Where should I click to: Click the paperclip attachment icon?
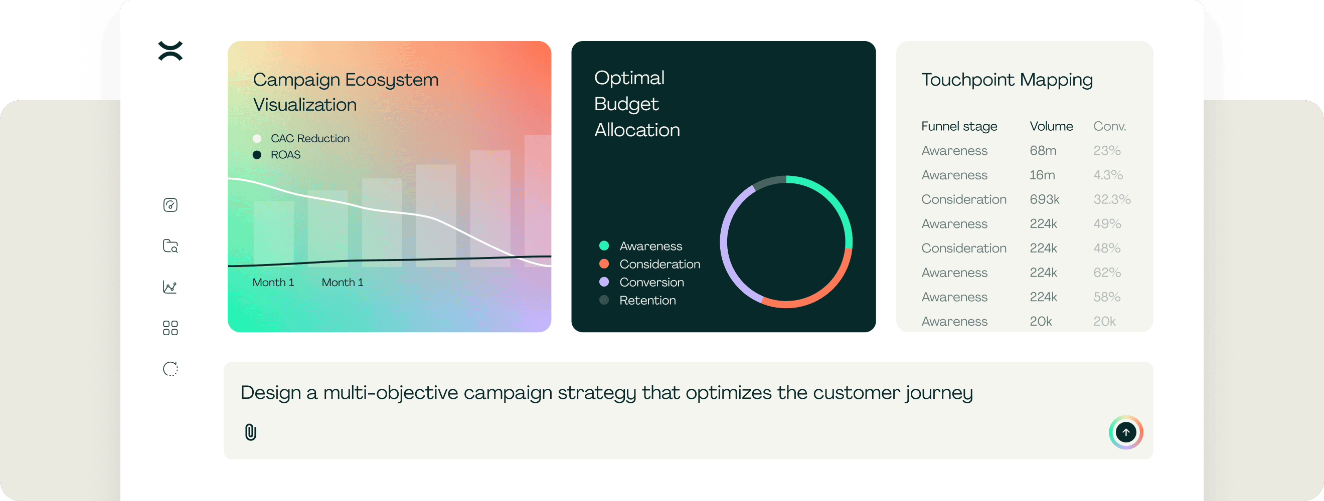point(250,432)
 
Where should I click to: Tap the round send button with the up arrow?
point(1125,432)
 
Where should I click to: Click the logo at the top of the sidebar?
point(171,51)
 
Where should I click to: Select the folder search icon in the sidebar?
point(170,246)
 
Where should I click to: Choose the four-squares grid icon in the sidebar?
point(170,328)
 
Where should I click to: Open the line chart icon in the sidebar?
point(170,287)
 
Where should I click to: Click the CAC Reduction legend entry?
point(301,139)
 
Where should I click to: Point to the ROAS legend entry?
point(276,154)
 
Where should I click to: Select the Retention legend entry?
point(637,300)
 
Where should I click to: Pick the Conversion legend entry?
point(641,283)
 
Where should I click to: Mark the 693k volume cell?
point(1044,199)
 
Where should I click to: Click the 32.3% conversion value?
point(1112,199)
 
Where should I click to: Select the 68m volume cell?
point(1043,150)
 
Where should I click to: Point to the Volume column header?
point(1051,126)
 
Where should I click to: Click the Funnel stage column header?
point(959,126)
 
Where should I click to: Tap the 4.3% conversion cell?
point(1108,175)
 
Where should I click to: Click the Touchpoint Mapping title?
point(1007,80)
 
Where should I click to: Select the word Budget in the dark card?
point(626,104)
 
